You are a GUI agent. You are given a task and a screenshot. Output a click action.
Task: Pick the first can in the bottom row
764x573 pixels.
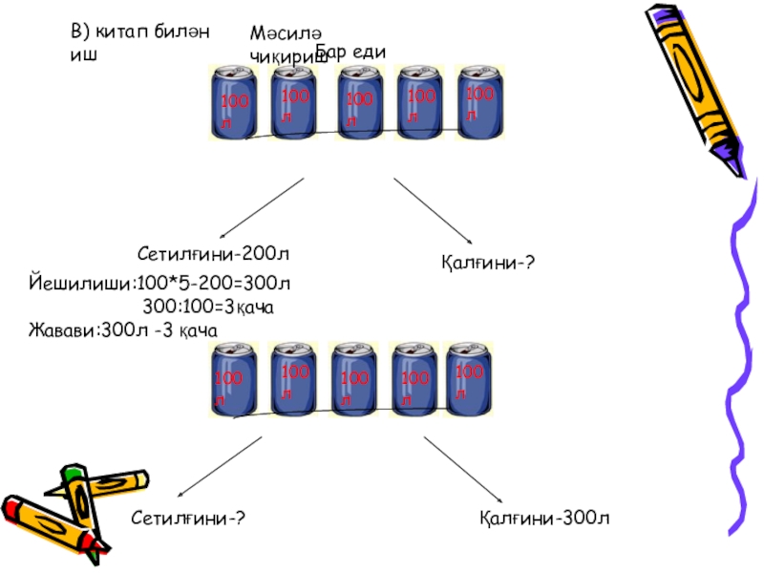pyautogui.click(x=232, y=380)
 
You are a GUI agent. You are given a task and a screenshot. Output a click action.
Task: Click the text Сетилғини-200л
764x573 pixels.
pyautogui.click(x=213, y=254)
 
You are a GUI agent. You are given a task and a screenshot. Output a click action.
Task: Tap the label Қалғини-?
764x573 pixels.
pyautogui.click(x=486, y=261)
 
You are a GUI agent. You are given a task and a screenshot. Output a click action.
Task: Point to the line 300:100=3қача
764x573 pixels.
pyautogui.click(x=209, y=306)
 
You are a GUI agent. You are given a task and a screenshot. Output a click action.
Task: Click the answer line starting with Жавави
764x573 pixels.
pyautogui.click(x=123, y=329)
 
